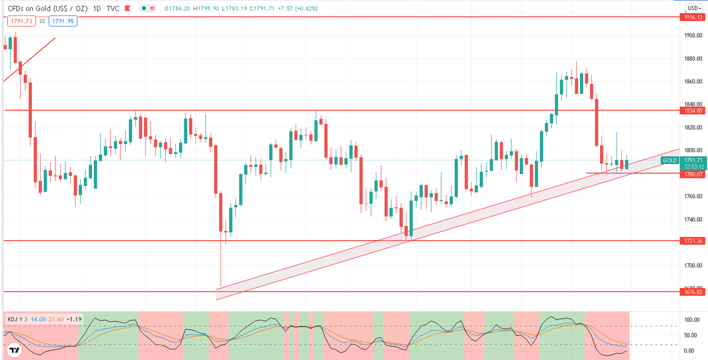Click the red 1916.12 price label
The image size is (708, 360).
click(x=693, y=17)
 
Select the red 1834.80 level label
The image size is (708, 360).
click(x=693, y=110)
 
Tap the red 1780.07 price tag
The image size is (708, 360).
click(x=693, y=175)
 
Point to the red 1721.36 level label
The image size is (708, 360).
click(x=693, y=241)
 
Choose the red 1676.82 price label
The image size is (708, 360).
click(x=693, y=292)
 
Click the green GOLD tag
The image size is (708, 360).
click(x=670, y=161)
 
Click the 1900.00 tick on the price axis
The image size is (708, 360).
click(x=693, y=35)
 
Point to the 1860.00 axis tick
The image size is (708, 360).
click(x=693, y=81)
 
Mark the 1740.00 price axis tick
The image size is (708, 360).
click(x=693, y=220)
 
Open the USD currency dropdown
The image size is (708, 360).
click(x=694, y=8)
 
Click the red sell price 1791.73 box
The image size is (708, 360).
click(x=21, y=21)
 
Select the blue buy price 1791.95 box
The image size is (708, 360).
click(x=63, y=21)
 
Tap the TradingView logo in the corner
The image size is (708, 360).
click(x=14, y=350)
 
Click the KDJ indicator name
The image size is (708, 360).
click(x=12, y=319)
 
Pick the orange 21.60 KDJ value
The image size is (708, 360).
click(x=56, y=319)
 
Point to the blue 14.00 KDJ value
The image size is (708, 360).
click(x=38, y=319)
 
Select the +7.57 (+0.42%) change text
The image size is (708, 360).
click(x=297, y=8)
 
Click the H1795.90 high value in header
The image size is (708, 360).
click(x=206, y=8)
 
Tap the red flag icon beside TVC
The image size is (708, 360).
click(x=127, y=8)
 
